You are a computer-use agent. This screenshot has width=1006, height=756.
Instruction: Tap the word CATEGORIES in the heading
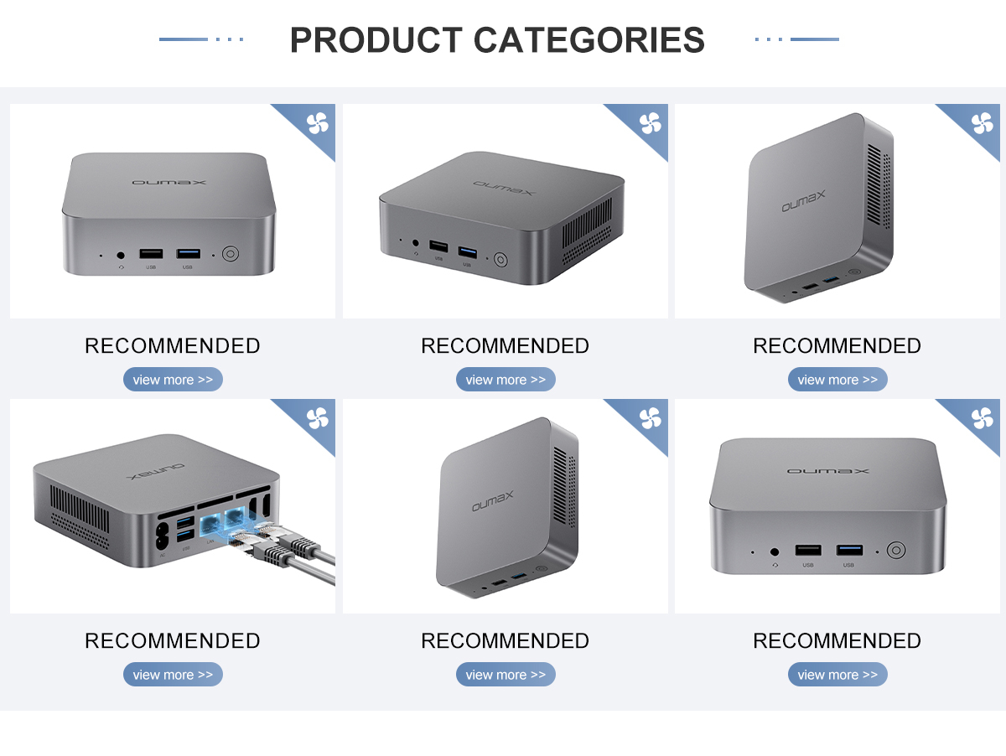[589, 40]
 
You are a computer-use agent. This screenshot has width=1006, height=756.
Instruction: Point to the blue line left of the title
[183, 39]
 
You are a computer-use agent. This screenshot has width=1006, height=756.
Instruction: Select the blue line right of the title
[814, 39]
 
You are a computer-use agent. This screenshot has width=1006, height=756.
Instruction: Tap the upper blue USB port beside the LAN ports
[185, 523]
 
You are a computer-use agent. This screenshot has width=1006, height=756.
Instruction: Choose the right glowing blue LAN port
[236, 516]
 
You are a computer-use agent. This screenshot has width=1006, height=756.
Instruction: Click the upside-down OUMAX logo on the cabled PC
[156, 471]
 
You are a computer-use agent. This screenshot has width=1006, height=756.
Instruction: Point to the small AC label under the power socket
[162, 555]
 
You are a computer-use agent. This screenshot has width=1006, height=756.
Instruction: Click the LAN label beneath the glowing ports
[210, 544]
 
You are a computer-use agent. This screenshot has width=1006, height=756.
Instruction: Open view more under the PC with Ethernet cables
[173, 675]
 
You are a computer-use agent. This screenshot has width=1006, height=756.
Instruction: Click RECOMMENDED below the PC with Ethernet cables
[173, 641]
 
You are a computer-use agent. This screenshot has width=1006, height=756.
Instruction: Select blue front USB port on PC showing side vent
[466, 251]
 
